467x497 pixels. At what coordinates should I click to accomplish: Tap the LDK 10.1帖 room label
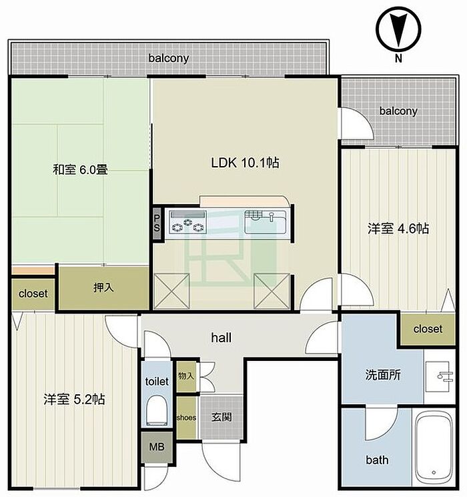click(245, 163)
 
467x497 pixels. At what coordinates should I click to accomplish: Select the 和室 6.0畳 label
click(80, 170)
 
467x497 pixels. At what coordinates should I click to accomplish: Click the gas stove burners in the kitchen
click(188, 223)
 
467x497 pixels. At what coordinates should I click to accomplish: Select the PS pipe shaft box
click(157, 223)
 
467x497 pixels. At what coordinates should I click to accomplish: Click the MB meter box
click(157, 447)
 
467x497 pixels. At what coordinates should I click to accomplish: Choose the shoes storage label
click(186, 418)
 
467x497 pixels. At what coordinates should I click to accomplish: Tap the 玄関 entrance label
click(221, 418)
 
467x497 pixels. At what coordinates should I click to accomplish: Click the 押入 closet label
click(103, 288)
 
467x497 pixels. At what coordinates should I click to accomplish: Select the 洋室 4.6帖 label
click(398, 228)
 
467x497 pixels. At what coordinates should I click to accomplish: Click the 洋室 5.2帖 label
click(74, 400)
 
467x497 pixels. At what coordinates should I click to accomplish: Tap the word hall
click(221, 338)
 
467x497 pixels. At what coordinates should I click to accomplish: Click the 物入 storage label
click(186, 376)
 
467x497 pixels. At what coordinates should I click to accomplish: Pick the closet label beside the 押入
click(33, 294)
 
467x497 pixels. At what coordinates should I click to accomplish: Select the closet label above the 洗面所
click(428, 329)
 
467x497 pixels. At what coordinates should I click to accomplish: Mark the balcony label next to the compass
click(398, 111)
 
